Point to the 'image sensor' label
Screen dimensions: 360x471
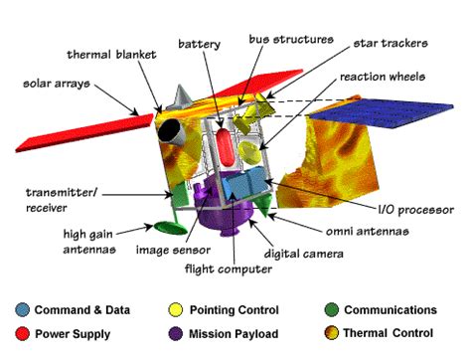171,250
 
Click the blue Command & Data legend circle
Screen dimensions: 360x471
23,310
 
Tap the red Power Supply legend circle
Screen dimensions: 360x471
23,334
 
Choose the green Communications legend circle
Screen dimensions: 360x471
332,310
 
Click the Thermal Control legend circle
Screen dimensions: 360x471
332,334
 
